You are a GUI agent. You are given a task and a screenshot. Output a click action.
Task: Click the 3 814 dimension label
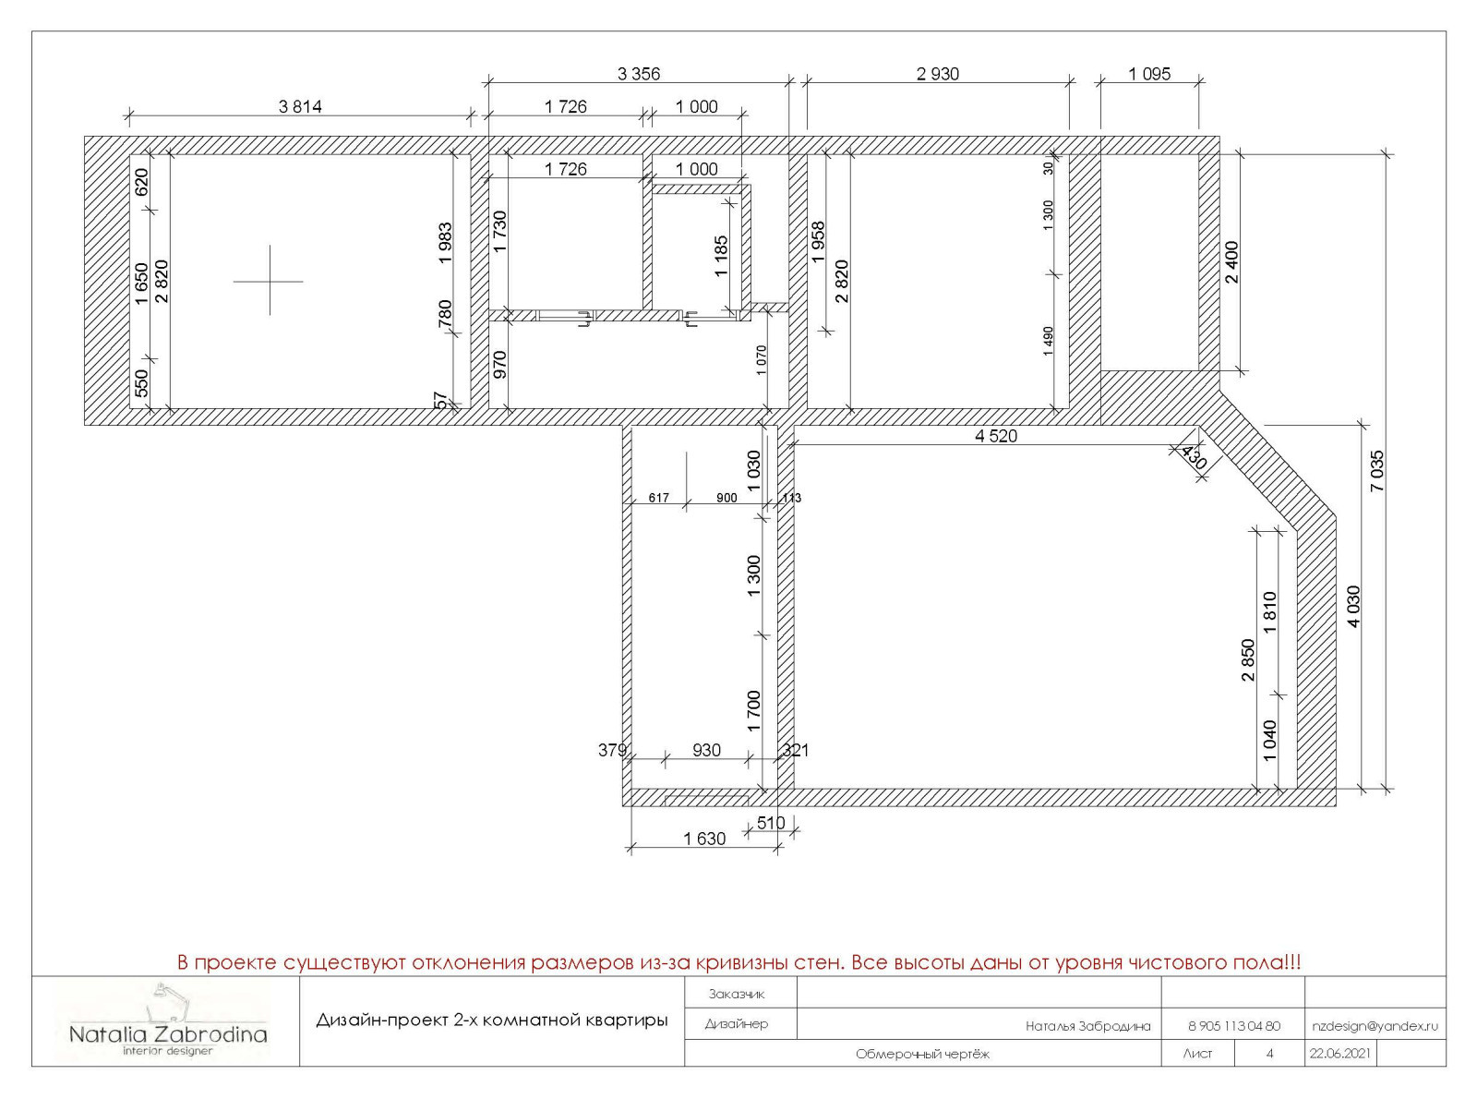point(300,106)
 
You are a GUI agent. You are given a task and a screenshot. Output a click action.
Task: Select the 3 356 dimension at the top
point(639,74)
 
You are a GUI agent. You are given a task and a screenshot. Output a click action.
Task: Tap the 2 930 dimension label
point(938,74)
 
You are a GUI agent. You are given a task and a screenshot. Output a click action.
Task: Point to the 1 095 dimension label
point(1149,74)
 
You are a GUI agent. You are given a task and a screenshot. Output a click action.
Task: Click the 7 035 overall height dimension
point(1377,471)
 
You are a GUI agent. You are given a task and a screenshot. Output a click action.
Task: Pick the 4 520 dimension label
point(996,436)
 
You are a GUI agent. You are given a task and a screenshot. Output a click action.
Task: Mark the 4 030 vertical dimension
point(1353,607)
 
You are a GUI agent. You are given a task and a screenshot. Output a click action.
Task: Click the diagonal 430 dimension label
point(1194,457)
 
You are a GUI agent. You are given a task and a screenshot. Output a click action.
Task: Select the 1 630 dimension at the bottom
point(704,839)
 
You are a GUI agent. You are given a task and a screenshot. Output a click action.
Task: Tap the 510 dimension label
point(771,823)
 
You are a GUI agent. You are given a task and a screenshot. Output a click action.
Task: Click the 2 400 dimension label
point(1232,262)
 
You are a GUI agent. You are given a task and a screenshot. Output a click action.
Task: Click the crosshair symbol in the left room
point(269,281)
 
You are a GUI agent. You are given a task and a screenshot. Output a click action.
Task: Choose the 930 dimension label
point(706,751)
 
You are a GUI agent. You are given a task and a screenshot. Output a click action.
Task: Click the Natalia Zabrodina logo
point(169,1019)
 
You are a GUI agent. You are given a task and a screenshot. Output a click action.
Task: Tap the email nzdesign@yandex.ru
point(1375,1026)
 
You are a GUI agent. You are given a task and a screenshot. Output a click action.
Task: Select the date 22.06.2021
point(1339,1054)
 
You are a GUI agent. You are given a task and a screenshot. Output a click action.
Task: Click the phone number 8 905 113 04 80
point(1234,1026)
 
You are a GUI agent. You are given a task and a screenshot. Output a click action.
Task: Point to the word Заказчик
point(737,995)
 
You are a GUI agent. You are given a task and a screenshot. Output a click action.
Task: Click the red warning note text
point(738,962)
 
